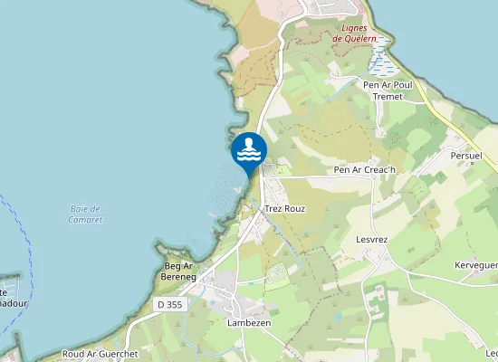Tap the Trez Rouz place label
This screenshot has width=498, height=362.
pyautogui.click(x=284, y=208)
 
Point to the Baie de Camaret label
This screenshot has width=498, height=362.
pyautogui.click(x=84, y=214)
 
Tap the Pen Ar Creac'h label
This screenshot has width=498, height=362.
pyautogui.click(x=365, y=169)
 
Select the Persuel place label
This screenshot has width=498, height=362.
pyautogui.click(x=468, y=156)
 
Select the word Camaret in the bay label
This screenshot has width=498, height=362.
pyautogui.click(x=84, y=220)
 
